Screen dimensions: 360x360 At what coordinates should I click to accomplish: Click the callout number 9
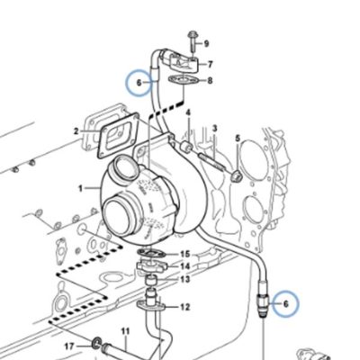coord(206,44)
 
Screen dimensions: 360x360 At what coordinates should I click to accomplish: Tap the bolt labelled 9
coord(192,42)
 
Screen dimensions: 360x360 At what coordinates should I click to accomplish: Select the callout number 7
coord(210,65)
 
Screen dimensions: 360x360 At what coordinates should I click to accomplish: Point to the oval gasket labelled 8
coord(183,80)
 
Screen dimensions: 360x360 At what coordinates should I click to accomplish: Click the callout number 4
coord(188,113)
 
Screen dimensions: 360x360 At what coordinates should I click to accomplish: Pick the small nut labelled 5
coord(236,176)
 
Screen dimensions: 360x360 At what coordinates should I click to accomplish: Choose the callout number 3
coord(214,129)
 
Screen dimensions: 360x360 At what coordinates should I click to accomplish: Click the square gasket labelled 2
coord(119,135)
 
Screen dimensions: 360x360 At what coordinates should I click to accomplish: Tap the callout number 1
coord(80,188)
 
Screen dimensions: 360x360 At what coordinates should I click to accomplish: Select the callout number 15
coord(185,255)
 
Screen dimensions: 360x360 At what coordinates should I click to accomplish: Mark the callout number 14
coord(185,266)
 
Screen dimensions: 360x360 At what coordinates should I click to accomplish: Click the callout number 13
coord(185,280)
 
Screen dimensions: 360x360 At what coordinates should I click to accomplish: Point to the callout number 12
coord(185,307)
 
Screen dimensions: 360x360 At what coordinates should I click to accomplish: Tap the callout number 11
coord(125,332)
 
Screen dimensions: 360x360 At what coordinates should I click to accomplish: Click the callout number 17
coord(69,346)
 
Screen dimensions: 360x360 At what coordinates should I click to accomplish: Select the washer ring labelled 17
coord(96,343)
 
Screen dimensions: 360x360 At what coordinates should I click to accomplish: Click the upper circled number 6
coord(139,83)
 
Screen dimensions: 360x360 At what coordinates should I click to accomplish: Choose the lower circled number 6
coord(285,304)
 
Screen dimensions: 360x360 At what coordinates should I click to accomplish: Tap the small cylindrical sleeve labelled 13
coord(151,281)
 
